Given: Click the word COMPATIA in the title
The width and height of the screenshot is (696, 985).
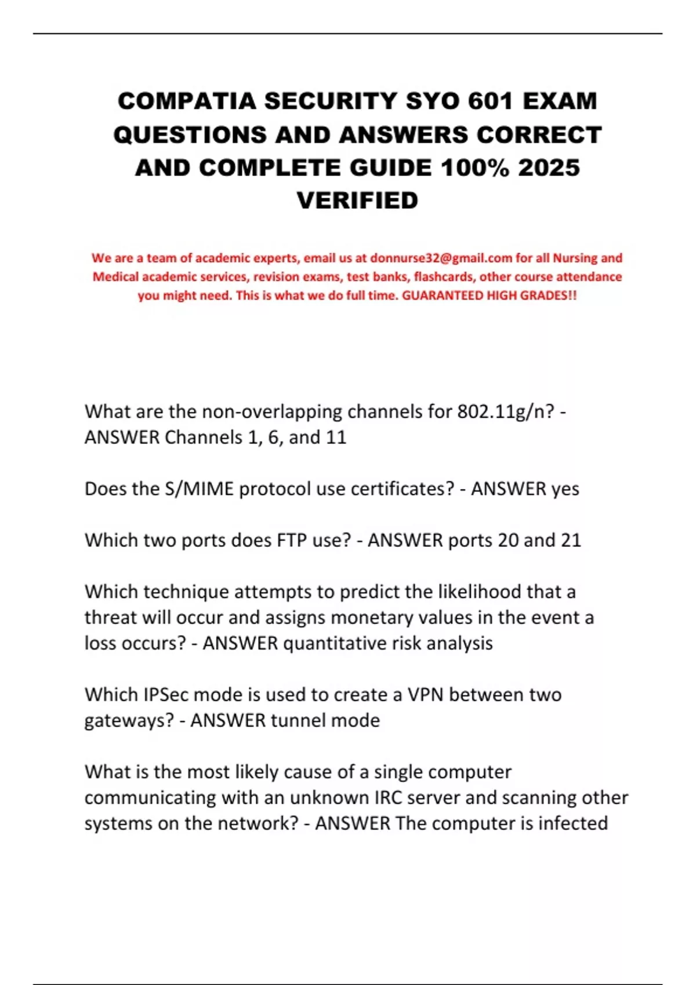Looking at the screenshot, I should [x=187, y=101].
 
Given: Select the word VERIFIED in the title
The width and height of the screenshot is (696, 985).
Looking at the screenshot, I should [x=357, y=200].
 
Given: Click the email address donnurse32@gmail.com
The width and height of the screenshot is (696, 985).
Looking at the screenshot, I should [x=441, y=258].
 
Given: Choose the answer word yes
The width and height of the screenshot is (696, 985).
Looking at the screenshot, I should [x=565, y=488].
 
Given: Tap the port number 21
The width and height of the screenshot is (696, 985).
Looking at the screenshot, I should [x=571, y=540].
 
